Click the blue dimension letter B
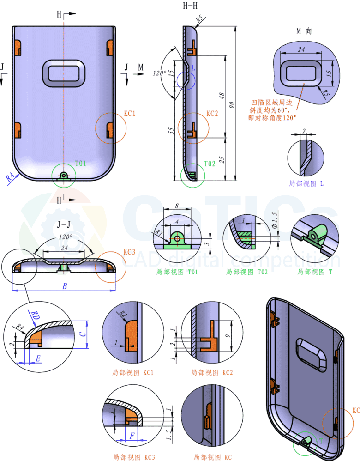65,287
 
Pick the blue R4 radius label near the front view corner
11,177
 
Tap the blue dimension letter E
38,358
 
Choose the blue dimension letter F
133,435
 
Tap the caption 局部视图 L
306,183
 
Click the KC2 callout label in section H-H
212,113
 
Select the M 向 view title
304,31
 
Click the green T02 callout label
210,164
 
